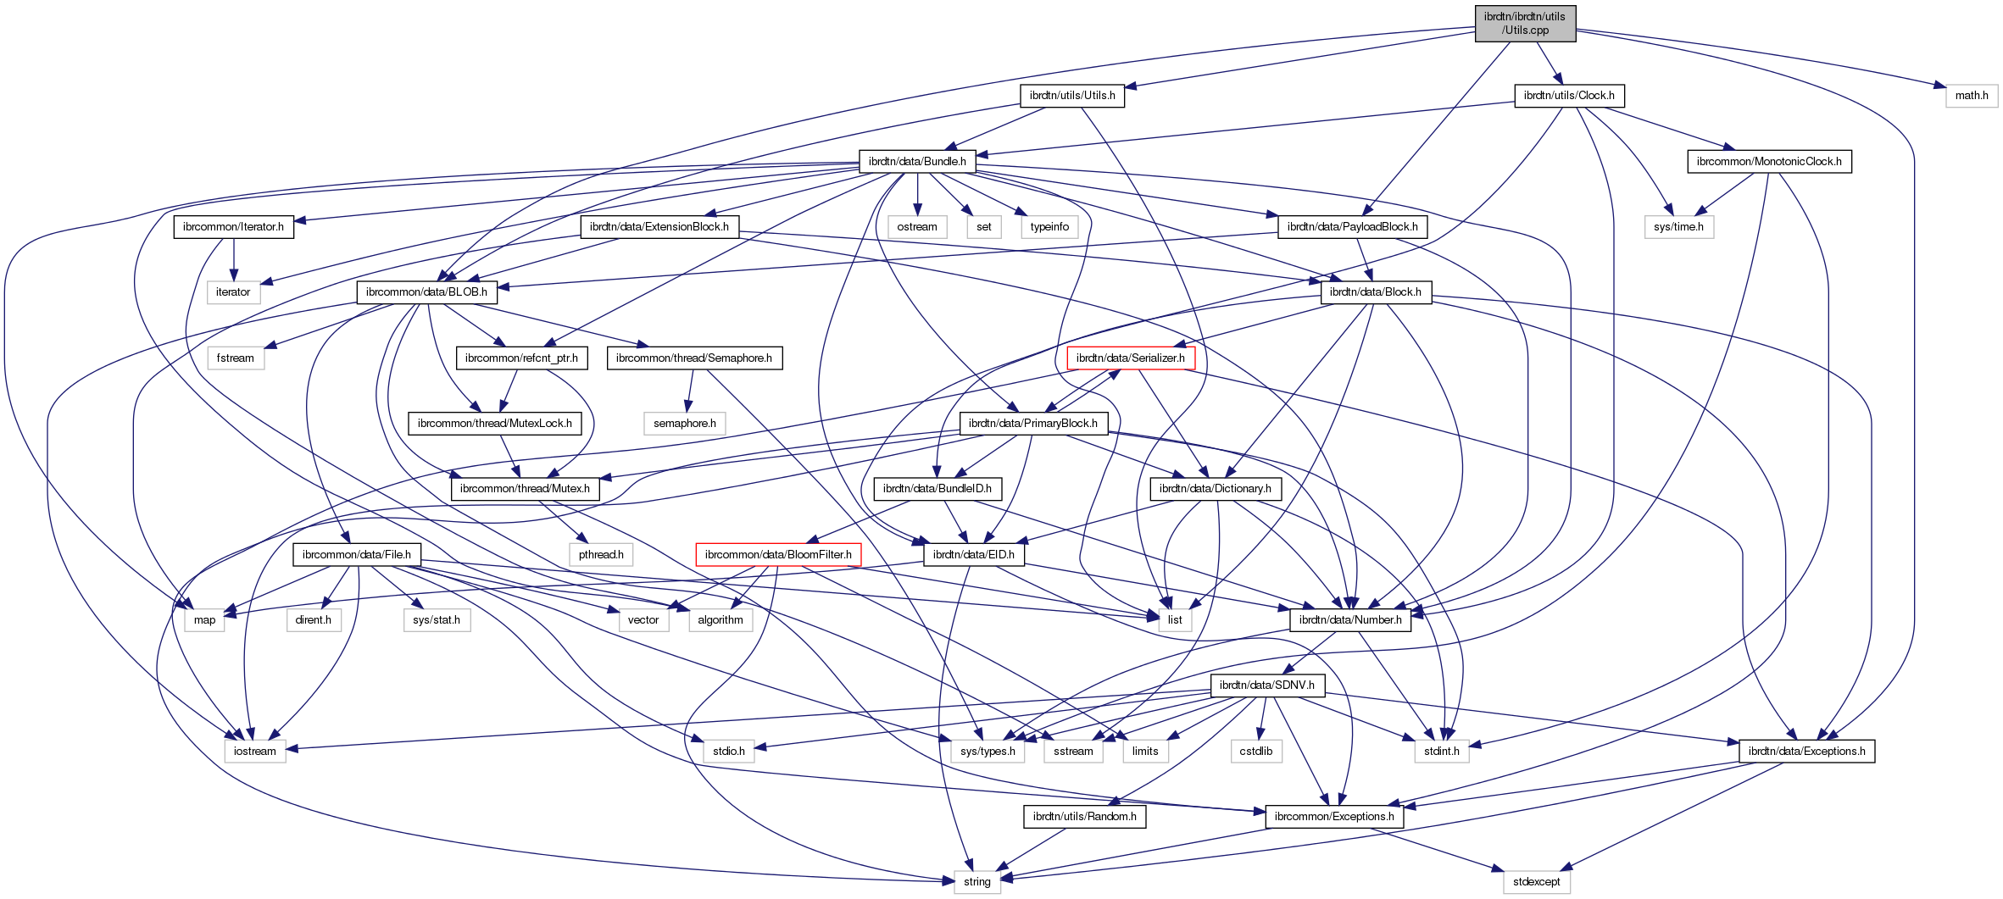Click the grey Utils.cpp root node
1525,23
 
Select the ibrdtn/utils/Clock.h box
1569,95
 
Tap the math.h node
1972,95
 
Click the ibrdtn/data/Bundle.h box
917,161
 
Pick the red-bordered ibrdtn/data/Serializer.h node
1131,358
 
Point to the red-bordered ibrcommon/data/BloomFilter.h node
778,554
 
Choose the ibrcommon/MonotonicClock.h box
1769,161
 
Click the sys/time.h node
1678,226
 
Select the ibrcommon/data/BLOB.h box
426,291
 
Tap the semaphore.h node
684,423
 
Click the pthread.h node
601,554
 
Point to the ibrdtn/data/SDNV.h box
1267,685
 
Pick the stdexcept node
1537,881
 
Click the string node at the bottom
976,881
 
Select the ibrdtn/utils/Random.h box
1085,816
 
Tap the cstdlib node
1256,751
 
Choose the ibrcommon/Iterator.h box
234,226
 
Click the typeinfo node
1049,226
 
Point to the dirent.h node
313,619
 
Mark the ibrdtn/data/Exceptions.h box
1806,751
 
